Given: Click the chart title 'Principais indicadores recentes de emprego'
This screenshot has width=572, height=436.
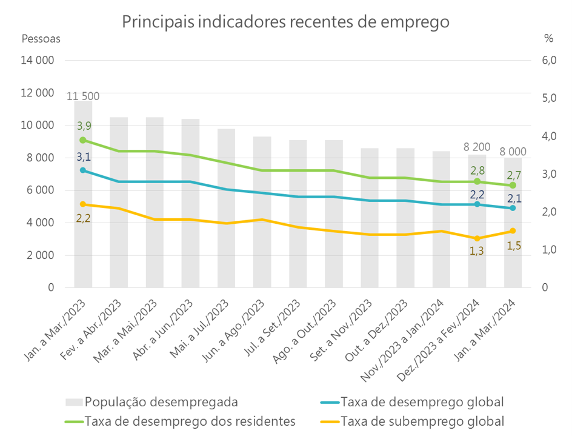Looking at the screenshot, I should click(x=285, y=22).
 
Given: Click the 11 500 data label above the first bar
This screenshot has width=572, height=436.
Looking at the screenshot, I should click(x=83, y=96).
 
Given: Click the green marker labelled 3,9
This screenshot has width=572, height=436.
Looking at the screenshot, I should click(x=83, y=140).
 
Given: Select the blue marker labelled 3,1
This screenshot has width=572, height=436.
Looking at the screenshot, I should click(x=83, y=170).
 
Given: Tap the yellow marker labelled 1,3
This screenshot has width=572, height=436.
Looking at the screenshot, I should click(x=477, y=238).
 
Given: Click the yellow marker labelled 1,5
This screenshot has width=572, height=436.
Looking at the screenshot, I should click(x=513, y=231).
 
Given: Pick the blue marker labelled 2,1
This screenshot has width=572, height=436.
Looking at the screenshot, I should click(x=513, y=208).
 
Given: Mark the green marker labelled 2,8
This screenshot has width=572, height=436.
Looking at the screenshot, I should click(x=477, y=181).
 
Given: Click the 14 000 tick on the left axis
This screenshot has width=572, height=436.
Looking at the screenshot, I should click(x=38, y=60).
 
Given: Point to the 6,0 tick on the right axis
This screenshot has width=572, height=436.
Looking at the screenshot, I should click(x=548, y=60).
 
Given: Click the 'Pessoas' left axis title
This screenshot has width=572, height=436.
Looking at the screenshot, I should click(x=41, y=38).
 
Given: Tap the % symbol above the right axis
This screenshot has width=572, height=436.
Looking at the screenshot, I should click(x=548, y=38).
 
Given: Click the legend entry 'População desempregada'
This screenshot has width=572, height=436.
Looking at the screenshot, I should click(x=161, y=401).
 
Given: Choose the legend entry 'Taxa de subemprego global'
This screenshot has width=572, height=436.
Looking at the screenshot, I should click(x=422, y=421).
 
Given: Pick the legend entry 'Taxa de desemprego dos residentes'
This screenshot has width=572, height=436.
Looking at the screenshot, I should click(x=190, y=421).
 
